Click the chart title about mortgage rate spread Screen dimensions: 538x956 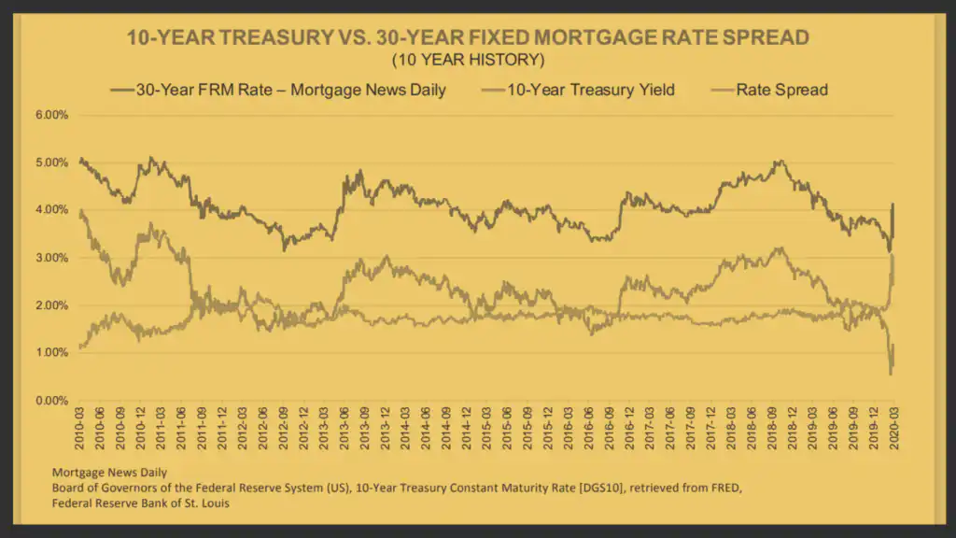(468, 38)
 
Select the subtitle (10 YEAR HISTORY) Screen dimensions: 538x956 (468, 61)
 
